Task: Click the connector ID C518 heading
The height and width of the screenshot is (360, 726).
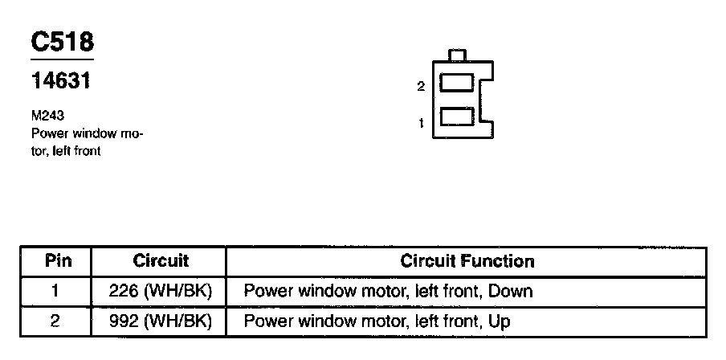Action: tap(63, 42)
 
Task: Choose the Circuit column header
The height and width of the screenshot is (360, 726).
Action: tap(161, 261)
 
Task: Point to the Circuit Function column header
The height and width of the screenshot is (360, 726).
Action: tap(467, 261)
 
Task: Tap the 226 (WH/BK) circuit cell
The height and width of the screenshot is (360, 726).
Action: tap(161, 291)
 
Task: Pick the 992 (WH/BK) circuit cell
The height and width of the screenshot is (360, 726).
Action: tap(161, 321)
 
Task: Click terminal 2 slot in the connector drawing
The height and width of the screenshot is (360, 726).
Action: tap(457, 84)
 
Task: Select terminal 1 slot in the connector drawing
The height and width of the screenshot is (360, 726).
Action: tap(457, 117)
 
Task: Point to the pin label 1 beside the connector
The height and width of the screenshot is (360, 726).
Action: tap(421, 123)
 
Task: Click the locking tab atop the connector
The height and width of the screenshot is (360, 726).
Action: tap(457, 55)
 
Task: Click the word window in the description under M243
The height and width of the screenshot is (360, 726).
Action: tap(94, 133)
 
